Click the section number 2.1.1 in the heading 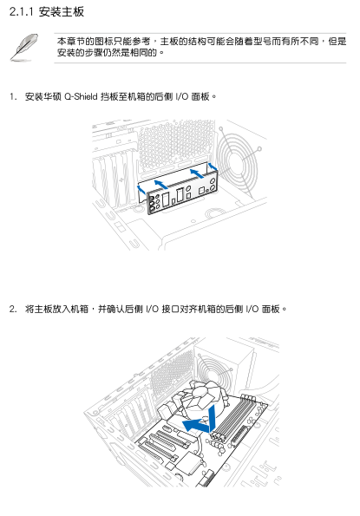(22, 12)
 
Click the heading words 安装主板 (62, 12)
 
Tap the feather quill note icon (23, 48)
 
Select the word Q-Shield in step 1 (81, 96)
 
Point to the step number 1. (13, 97)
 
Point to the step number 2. (13, 309)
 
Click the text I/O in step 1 (181, 96)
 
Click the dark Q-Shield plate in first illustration (182, 193)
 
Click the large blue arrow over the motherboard (200, 421)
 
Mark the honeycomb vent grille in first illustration (175, 144)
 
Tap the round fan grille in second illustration (215, 370)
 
